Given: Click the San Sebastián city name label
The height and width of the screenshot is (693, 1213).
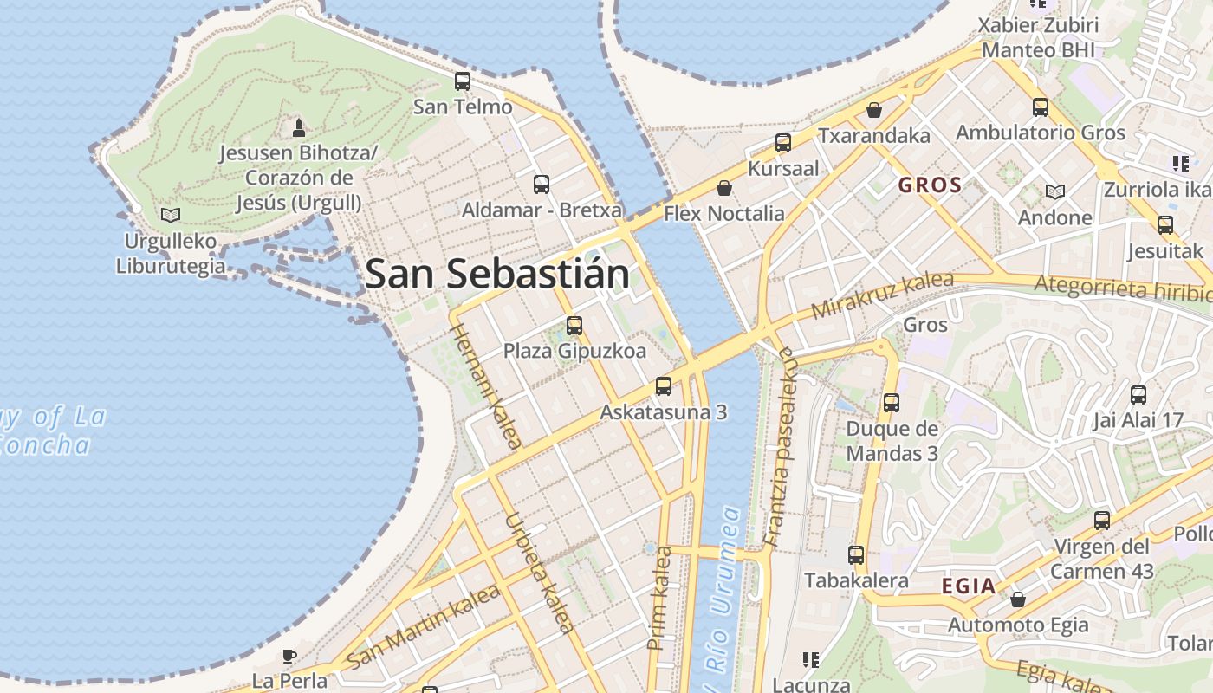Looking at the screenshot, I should tap(496, 274).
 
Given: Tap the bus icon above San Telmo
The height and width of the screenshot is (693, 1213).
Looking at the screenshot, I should tap(463, 81).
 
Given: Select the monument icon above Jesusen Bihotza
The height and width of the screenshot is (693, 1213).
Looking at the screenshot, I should tap(299, 128).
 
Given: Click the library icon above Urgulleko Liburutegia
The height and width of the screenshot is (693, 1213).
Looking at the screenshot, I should tap(171, 215).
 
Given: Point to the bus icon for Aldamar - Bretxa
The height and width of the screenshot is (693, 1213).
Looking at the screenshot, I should tap(542, 184).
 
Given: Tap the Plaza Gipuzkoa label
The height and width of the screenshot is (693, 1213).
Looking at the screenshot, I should tap(574, 351).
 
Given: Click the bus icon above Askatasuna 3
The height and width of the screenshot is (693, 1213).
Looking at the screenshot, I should tap(664, 386).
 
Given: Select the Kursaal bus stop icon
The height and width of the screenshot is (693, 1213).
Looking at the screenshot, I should tap(783, 143).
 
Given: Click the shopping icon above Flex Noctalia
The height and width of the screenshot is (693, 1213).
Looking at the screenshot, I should tap(724, 188).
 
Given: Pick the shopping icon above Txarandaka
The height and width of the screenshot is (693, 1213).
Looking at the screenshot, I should tap(874, 110).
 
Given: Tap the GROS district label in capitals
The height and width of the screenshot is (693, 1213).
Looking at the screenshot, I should tap(930, 185).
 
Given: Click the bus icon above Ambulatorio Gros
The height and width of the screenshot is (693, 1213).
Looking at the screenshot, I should tap(1041, 107).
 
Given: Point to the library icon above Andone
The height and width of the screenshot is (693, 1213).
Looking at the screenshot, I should tap(1054, 191).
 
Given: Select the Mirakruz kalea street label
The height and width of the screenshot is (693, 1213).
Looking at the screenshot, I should tap(882, 295).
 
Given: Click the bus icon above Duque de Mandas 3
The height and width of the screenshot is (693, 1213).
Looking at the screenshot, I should tap(892, 403).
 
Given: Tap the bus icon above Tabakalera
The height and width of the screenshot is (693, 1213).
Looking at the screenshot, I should tap(856, 555).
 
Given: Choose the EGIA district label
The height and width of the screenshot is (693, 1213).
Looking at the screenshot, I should tap(969, 586).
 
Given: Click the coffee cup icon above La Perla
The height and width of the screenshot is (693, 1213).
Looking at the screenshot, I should tap(289, 656).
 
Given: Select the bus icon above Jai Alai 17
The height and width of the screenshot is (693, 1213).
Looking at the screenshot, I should tap(1138, 395).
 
